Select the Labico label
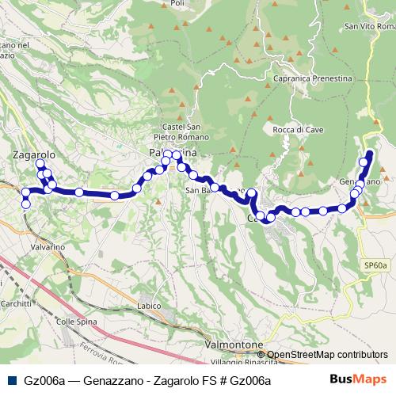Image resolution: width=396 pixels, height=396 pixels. point(149,306)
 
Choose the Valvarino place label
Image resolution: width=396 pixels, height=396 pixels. point(48,247)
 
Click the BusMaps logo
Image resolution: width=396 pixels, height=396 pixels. point(363,381)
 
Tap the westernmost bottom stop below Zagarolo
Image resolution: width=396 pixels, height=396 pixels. point(25,204)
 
